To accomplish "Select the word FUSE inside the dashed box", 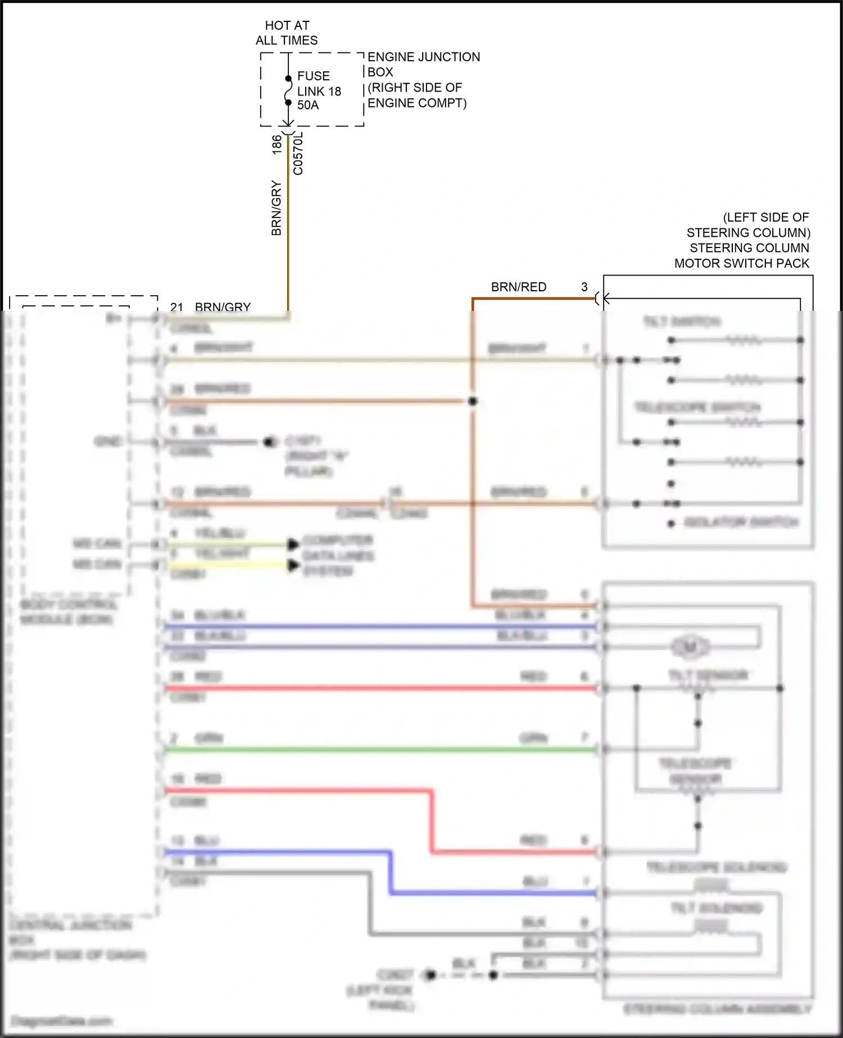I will pos(313,76).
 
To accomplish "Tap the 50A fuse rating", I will pos(307,105).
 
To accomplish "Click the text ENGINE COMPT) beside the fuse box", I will pos(417,103).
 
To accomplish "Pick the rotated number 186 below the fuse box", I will pos(277,145).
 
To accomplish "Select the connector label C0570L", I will pos(298,154).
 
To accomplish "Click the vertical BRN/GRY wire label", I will pos(276,208).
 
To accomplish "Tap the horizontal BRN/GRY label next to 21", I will pos(223,307).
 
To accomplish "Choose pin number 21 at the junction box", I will pos(176,307).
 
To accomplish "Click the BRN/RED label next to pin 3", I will pos(518,287).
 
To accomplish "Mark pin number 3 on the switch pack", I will pos(584,287).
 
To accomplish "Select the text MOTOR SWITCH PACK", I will pos(741,263).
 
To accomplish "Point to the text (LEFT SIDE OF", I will pos(765,217).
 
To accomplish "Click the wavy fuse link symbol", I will pos(288,91).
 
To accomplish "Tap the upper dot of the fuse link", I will pos(288,79).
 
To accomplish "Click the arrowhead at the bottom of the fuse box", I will pos(288,123).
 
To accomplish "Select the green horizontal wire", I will pos(382,749).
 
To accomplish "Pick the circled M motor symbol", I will pos(690,647).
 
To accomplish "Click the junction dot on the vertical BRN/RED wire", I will pos(473,401).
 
